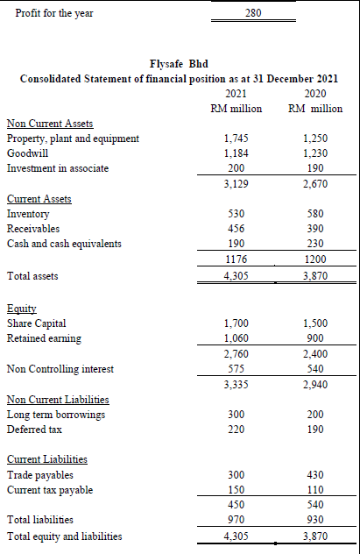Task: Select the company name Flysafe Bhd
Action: click(x=179, y=64)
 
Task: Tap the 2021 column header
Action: click(x=236, y=93)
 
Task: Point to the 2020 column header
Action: click(x=314, y=93)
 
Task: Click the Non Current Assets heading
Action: click(x=50, y=124)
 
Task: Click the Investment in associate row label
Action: click(x=58, y=168)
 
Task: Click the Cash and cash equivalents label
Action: click(x=64, y=244)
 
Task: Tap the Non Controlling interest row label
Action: click(x=60, y=369)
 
